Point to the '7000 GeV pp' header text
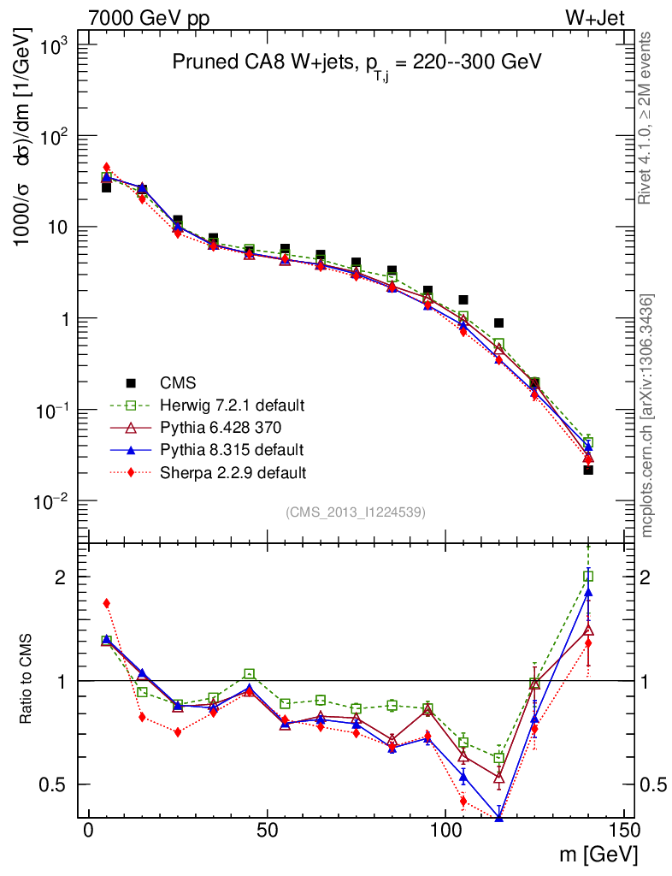pos(149,18)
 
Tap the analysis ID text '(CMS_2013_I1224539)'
pos(356,512)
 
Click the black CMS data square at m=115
pos(498,323)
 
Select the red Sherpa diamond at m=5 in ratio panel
pos(107,603)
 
